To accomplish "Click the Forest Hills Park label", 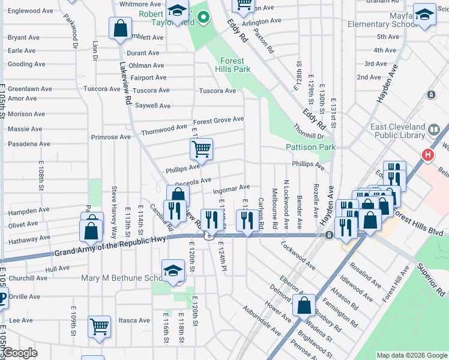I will point(232,65).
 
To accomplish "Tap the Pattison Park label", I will point(310,147).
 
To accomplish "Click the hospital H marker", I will point(428,154).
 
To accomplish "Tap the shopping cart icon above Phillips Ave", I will point(201,148).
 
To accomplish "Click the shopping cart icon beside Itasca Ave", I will point(99,326).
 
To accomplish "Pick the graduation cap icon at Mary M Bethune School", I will point(172,270).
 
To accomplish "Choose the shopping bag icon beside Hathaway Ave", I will point(91,231).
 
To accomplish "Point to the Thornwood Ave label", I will point(164,129).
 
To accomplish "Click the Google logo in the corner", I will point(20,353).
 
